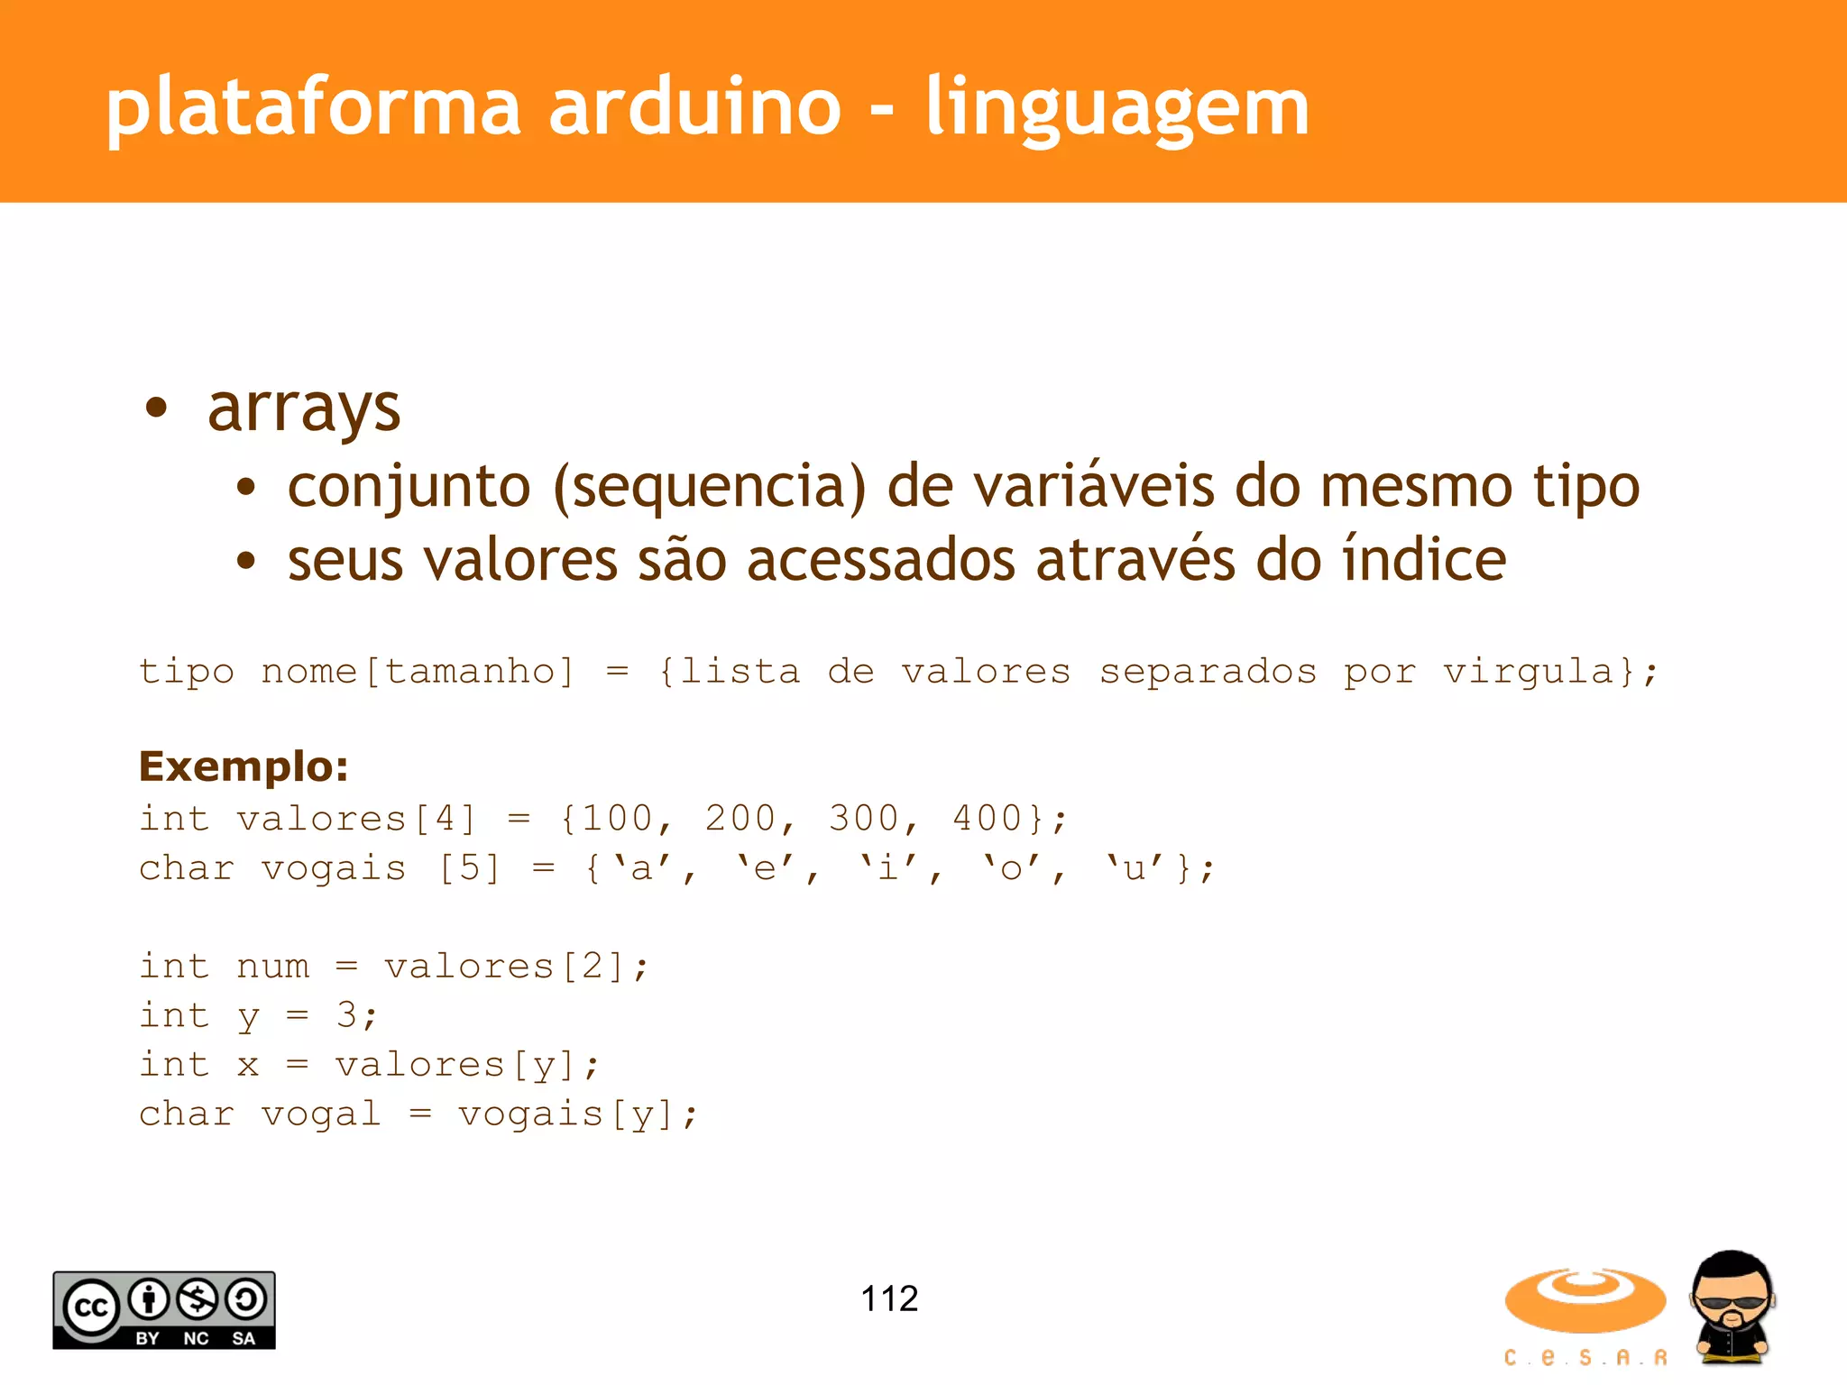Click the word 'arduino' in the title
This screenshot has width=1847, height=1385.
694,107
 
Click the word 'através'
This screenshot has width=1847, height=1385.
1135,560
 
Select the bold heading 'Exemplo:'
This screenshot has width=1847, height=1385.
244,766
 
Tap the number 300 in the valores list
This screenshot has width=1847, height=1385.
863,819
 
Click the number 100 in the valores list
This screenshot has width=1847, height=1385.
617,819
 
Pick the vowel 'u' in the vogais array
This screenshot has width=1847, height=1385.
1135,868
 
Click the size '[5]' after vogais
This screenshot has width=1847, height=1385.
469,868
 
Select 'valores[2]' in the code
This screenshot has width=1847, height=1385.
505,967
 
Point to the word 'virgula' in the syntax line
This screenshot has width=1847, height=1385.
1528,672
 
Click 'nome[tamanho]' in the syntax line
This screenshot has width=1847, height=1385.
418,672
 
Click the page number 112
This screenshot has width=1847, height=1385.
889,1299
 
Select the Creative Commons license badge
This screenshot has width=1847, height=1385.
164,1310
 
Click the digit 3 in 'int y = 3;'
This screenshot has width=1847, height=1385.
347,1015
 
